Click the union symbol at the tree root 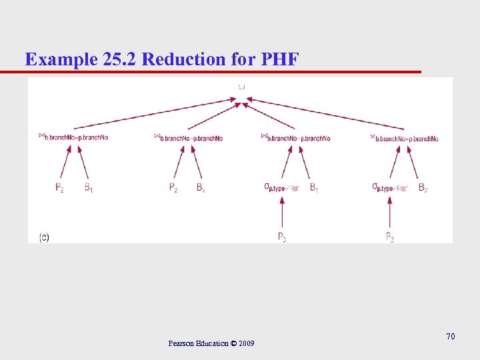tap(241, 86)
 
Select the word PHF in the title tap(280, 59)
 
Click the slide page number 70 tap(451, 337)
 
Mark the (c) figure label tap(44, 237)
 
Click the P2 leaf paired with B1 tap(60, 188)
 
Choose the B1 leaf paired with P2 tap(89, 188)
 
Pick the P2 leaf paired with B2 tap(173, 188)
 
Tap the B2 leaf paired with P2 tap(201, 188)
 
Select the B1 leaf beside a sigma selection tap(314, 188)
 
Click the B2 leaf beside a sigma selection tap(423, 188)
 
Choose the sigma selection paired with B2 tap(389, 188)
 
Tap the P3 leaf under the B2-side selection tap(390, 237)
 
